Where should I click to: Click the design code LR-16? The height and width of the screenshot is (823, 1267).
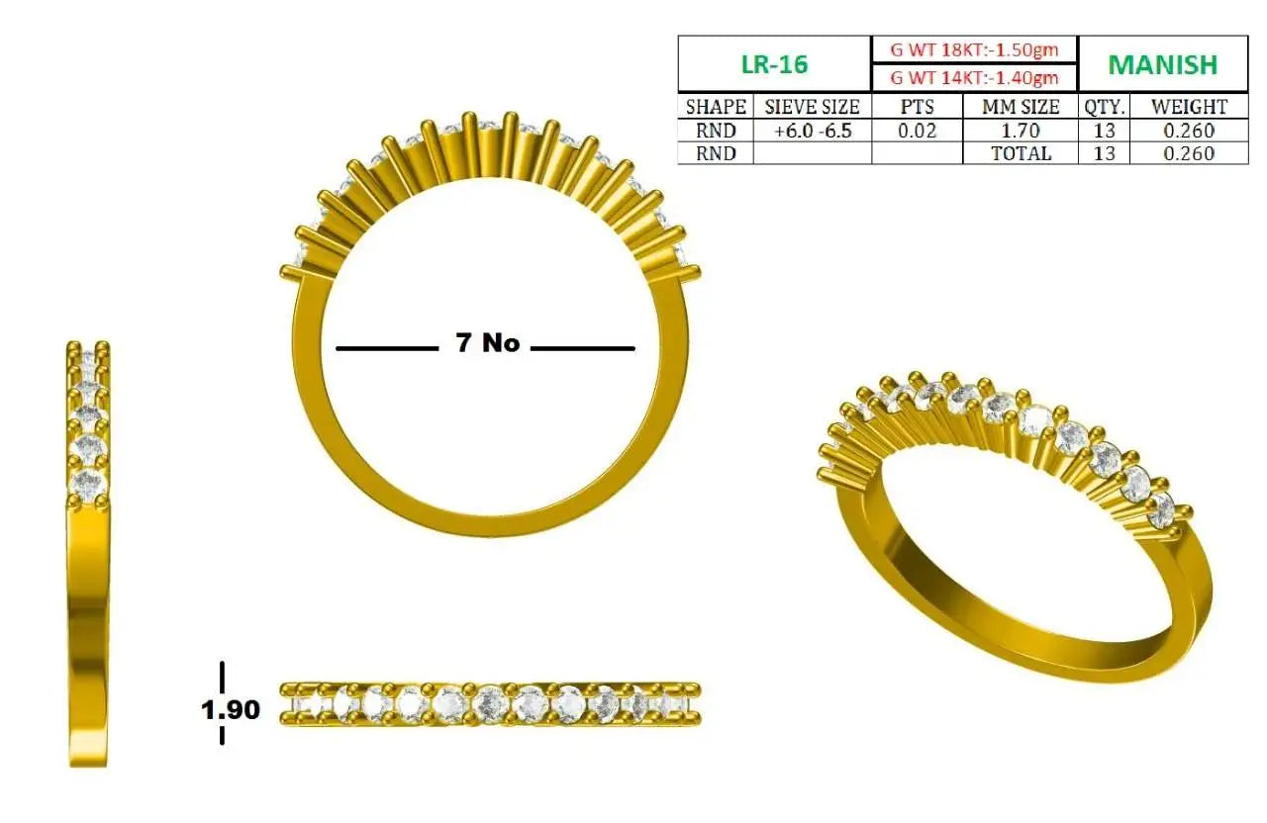tap(774, 64)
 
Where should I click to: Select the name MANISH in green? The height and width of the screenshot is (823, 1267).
tap(1163, 64)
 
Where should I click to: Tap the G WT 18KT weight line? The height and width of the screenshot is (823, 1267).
tap(974, 49)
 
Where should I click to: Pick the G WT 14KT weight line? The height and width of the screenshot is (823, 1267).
tap(974, 77)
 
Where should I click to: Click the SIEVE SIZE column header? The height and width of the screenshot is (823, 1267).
tap(813, 107)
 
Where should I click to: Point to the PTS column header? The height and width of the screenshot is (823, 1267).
tap(917, 107)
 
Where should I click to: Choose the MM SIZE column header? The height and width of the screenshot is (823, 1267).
tap(1021, 107)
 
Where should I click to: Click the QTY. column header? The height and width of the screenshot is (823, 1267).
tap(1104, 107)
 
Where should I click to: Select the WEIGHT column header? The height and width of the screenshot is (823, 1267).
tap(1190, 107)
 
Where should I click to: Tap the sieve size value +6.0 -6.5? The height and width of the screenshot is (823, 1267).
tap(813, 131)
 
